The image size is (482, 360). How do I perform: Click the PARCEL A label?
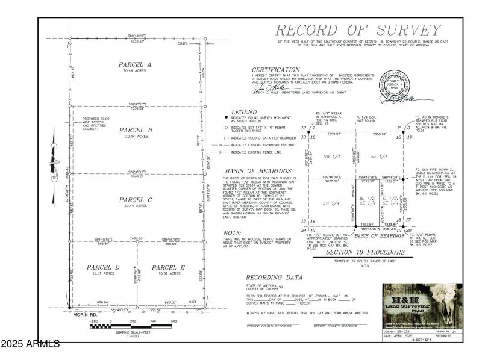135,64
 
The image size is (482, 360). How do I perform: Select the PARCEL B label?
135,130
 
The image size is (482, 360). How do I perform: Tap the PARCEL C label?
135,199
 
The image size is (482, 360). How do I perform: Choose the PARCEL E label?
167,267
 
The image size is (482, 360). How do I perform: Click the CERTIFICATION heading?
275,70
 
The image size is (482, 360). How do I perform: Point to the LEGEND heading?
244,112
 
